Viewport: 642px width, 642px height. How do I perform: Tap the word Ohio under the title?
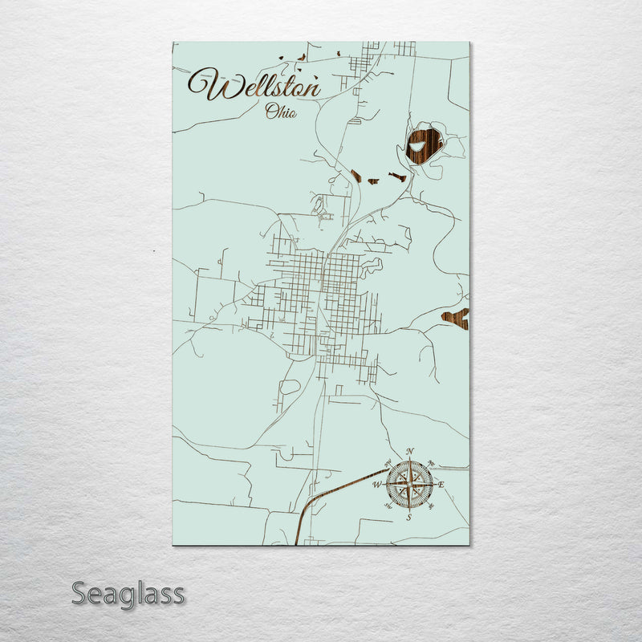tap(281, 112)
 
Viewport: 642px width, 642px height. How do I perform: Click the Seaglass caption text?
tap(128, 595)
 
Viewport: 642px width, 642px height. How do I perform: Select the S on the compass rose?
tap(408, 517)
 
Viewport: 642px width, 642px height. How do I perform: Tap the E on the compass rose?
tap(440, 485)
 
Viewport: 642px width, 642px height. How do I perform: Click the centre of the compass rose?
tap(409, 484)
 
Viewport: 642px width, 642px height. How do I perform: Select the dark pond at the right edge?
tap(456, 319)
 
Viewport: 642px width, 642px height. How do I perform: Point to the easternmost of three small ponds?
tap(396, 177)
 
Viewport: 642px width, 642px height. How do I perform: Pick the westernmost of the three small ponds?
tap(356, 176)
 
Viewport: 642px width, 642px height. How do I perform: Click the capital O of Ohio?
tap(271, 112)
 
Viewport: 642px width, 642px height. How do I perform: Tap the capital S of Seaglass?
tap(80, 595)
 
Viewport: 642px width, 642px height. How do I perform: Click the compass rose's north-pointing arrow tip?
tap(409, 460)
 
